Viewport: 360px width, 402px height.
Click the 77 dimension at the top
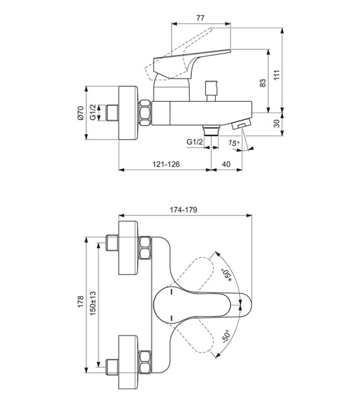(x=200, y=18)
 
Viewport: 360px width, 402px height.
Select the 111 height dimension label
(x=277, y=74)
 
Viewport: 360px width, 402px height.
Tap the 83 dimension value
(x=263, y=83)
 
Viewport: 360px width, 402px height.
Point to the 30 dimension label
(x=277, y=123)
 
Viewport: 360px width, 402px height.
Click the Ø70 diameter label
(x=80, y=113)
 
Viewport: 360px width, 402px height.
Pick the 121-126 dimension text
(x=166, y=164)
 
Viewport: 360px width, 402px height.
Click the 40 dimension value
(x=226, y=164)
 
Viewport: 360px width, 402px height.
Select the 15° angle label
(x=234, y=143)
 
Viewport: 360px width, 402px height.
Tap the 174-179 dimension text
(x=184, y=210)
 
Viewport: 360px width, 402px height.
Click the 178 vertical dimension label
(x=80, y=301)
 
